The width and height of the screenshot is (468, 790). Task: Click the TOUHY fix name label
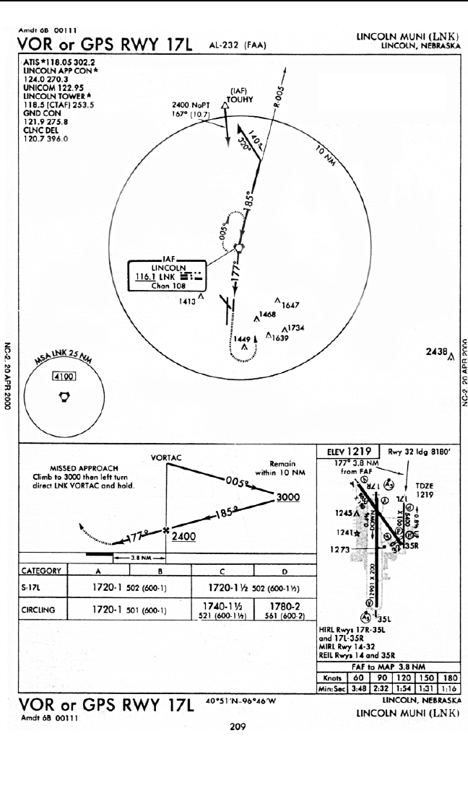point(238,100)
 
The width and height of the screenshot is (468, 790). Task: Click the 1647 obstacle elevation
point(290,306)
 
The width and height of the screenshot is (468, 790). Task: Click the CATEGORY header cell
point(38,571)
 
